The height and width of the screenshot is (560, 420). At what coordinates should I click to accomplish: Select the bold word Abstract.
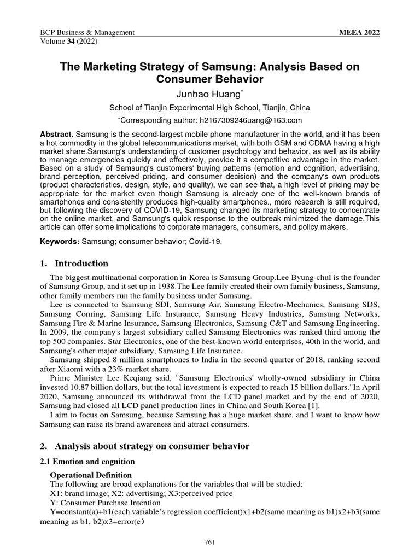point(57,135)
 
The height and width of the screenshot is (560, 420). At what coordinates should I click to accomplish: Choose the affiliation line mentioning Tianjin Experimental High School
point(209,108)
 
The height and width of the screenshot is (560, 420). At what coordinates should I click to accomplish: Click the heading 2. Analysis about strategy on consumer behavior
point(145,446)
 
